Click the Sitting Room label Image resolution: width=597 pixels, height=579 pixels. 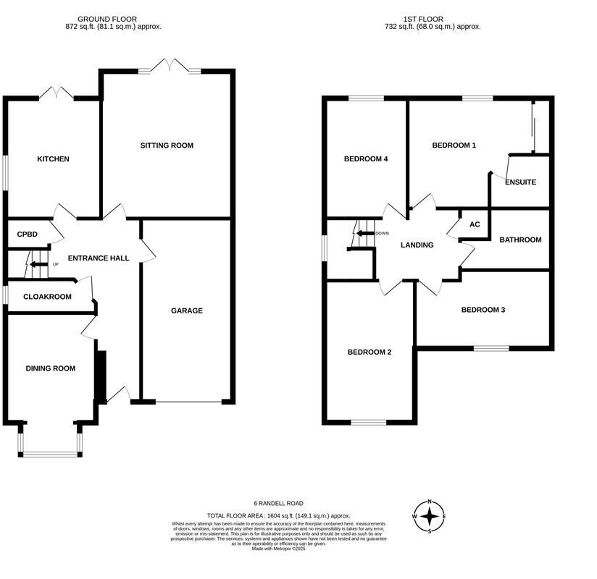pyautogui.click(x=167, y=145)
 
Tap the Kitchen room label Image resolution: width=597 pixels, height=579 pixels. pyautogui.click(x=53, y=159)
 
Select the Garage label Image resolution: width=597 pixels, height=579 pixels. pyautogui.click(x=186, y=310)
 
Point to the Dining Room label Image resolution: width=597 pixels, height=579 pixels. pyautogui.click(x=51, y=368)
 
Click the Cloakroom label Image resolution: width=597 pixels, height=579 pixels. pyautogui.click(x=47, y=297)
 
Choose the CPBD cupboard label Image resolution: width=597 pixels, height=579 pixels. pyautogui.click(x=27, y=234)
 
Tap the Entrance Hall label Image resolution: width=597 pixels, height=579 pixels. pyautogui.click(x=99, y=258)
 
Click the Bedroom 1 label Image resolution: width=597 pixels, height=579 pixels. pyautogui.click(x=454, y=145)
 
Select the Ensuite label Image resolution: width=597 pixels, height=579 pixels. pyautogui.click(x=520, y=182)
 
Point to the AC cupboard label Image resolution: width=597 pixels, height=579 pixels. pyautogui.click(x=475, y=224)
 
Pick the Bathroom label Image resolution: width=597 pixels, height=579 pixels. pyautogui.click(x=520, y=240)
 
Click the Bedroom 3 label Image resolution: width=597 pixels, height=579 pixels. pyautogui.click(x=483, y=310)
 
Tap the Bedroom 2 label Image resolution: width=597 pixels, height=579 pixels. pyautogui.click(x=370, y=352)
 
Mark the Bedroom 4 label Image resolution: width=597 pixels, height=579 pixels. pyautogui.click(x=366, y=159)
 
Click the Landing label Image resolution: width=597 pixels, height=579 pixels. pyautogui.click(x=417, y=245)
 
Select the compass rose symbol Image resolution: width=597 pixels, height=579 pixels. pyautogui.click(x=430, y=516)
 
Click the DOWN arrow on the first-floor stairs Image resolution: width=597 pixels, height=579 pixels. pyautogui.click(x=364, y=233)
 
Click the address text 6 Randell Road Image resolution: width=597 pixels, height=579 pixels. pyautogui.click(x=278, y=503)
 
